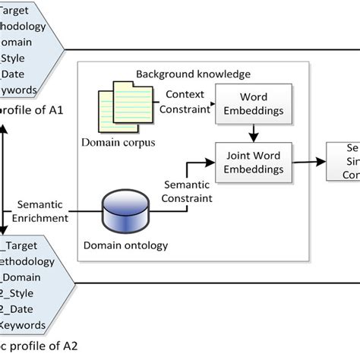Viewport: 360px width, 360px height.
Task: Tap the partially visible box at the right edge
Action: [343, 161]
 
